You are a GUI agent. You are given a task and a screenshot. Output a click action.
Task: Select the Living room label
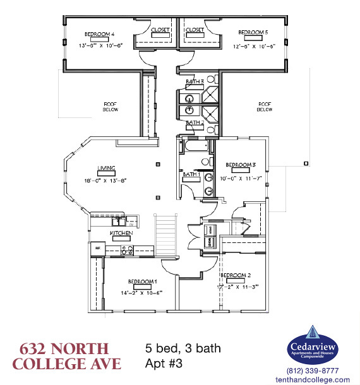coord(105,168)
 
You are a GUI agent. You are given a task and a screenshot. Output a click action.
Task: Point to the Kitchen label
coord(121,233)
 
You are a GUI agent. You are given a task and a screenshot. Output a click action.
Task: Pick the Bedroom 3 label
coord(240,164)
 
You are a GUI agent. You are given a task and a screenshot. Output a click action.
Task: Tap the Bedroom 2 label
coord(236,276)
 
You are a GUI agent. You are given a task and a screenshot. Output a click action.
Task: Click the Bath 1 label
coord(191,174)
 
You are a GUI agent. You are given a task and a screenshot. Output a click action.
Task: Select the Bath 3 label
coord(195,82)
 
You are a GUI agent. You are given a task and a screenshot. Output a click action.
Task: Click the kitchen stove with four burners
coord(127,249)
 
